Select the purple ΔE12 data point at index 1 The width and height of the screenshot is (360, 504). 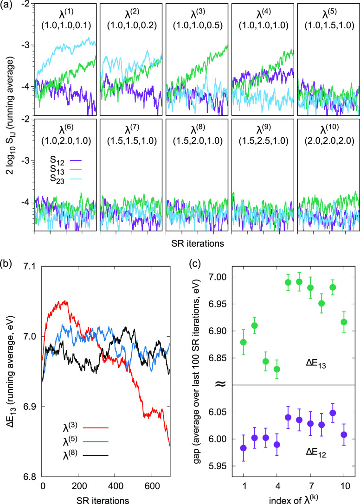click(x=243, y=448)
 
